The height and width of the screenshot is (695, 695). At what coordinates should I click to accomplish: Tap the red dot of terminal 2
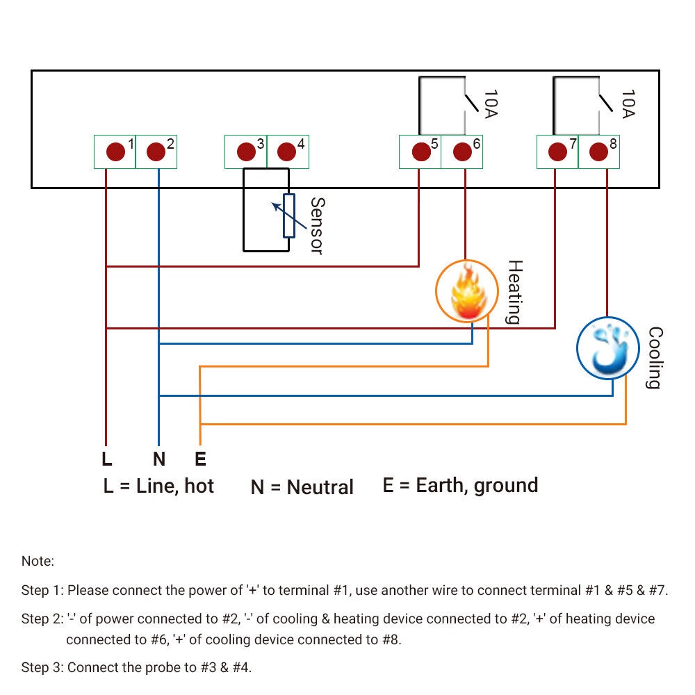(x=156, y=152)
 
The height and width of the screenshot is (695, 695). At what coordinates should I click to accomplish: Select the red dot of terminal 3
(x=245, y=152)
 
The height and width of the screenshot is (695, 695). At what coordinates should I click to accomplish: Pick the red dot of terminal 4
(x=286, y=152)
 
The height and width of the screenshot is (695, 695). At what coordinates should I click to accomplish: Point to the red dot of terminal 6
(x=461, y=152)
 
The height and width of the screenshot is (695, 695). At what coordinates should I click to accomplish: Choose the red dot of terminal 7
(x=557, y=152)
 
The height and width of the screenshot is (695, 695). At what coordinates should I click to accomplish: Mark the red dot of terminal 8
(x=598, y=152)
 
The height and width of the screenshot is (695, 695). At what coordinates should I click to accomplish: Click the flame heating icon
(x=466, y=292)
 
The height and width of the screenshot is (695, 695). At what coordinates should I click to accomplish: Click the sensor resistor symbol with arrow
(x=288, y=215)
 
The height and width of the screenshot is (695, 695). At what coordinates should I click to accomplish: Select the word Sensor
(x=317, y=226)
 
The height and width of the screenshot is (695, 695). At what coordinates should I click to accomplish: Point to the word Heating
(x=514, y=292)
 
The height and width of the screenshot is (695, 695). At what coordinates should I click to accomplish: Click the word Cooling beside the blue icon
(x=654, y=358)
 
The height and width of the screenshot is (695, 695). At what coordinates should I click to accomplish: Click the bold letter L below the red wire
(x=106, y=459)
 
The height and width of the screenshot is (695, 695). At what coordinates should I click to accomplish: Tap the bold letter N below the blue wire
(x=159, y=459)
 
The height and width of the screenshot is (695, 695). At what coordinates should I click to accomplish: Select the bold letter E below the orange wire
(x=200, y=459)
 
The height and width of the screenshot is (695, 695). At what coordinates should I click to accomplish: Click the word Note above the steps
(x=38, y=561)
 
